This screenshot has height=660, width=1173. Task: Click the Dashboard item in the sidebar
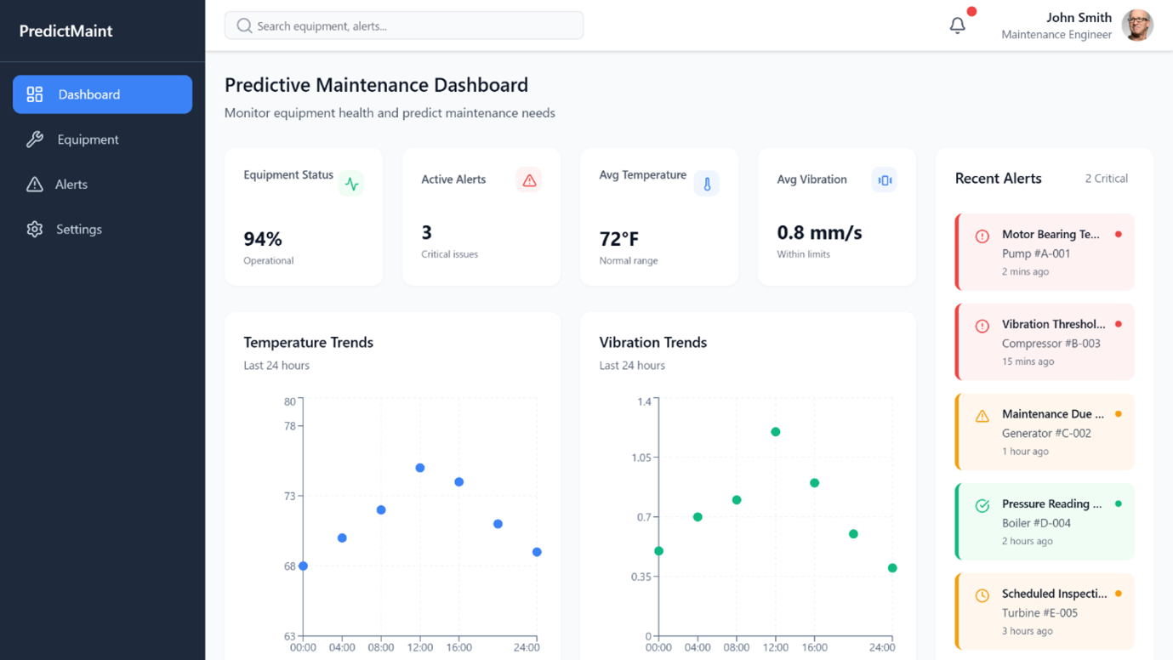pyautogui.click(x=102, y=94)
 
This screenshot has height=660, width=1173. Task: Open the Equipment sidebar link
pyautogui.click(x=88, y=139)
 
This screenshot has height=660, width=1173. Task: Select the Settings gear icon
pyautogui.click(x=35, y=229)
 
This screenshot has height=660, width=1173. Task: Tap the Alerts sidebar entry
pyautogui.click(x=71, y=185)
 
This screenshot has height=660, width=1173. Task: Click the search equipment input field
pyautogui.click(x=404, y=26)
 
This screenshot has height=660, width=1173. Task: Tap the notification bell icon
pyautogui.click(x=957, y=26)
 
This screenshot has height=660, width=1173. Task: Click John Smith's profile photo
pyautogui.click(x=1137, y=26)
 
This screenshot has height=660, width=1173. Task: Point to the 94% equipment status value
pyautogui.click(x=263, y=239)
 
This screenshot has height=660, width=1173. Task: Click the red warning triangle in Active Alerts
pyautogui.click(x=529, y=180)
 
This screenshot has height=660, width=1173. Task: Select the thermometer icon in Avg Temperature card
pyautogui.click(x=706, y=184)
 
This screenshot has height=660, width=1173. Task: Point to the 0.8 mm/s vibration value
pyautogui.click(x=819, y=232)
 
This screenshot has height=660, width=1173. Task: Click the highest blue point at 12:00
pyautogui.click(x=420, y=468)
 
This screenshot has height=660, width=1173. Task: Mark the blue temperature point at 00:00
pyautogui.click(x=303, y=566)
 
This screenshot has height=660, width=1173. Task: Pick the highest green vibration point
pyautogui.click(x=775, y=432)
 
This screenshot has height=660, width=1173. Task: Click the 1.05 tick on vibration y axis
pyautogui.click(x=641, y=458)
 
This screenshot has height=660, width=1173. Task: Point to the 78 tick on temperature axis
pyautogui.click(x=290, y=426)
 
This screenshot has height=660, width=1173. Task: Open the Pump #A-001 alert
pyautogui.click(x=1045, y=253)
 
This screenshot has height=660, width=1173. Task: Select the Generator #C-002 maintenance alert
pyautogui.click(x=1045, y=432)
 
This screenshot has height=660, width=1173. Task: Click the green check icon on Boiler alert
pyautogui.click(x=982, y=506)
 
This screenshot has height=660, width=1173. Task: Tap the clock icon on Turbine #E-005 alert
pyautogui.click(x=982, y=595)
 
